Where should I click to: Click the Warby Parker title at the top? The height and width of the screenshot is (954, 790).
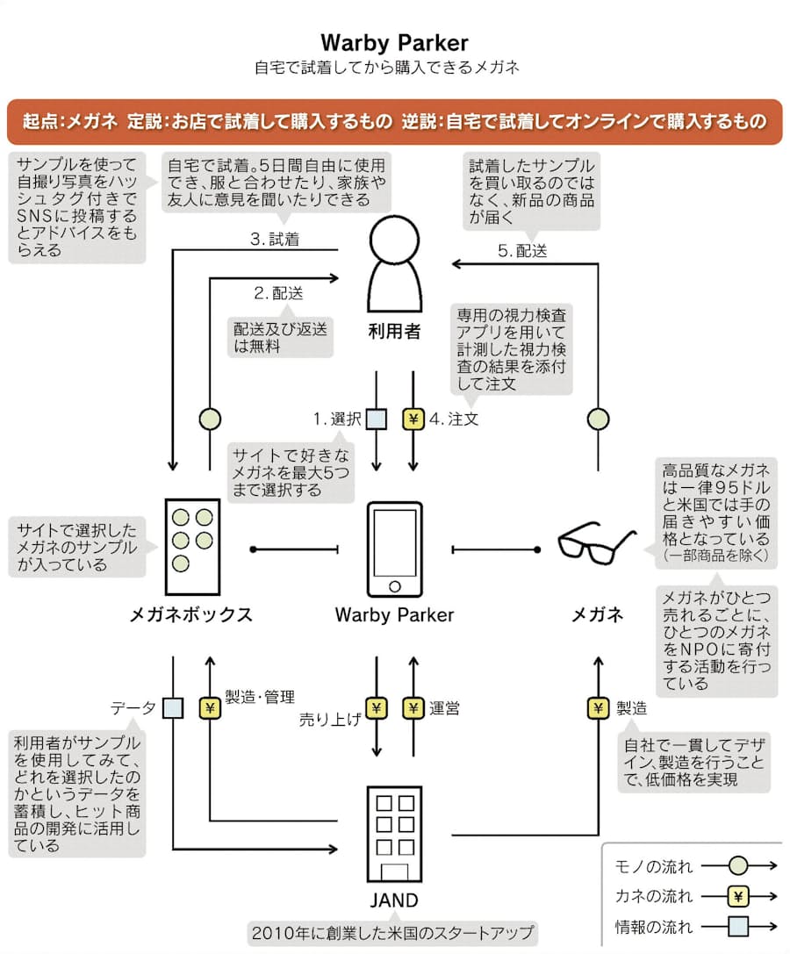[x=394, y=42]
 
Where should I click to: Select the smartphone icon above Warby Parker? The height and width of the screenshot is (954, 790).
[x=394, y=548]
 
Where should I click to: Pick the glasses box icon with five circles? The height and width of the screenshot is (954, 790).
[x=191, y=537]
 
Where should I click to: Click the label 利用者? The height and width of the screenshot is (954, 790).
[x=394, y=332]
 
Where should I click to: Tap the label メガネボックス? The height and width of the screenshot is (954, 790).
[x=190, y=614]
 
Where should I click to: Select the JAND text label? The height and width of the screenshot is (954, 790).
[x=394, y=900]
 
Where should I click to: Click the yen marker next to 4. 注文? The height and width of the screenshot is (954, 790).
[x=413, y=420]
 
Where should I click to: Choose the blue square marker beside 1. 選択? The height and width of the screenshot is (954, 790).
[x=376, y=420]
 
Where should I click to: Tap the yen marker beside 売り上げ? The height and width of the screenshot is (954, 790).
[x=376, y=708]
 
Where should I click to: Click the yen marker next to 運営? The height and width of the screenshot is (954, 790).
[x=413, y=708]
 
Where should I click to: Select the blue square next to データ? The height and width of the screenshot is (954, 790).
[x=173, y=708]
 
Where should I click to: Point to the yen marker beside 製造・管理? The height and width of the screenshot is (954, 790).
[x=210, y=708]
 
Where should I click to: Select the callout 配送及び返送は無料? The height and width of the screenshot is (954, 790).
[x=281, y=337]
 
